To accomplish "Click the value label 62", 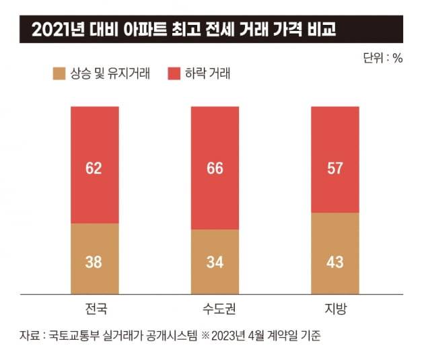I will pyautogui.click(x=94, y=168).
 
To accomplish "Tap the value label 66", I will pyautogui.click(x=215, y=168).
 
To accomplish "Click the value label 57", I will pyautogui.click(x=334, y=168).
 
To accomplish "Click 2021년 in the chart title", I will pyautogui.click(x=52, y=30).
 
